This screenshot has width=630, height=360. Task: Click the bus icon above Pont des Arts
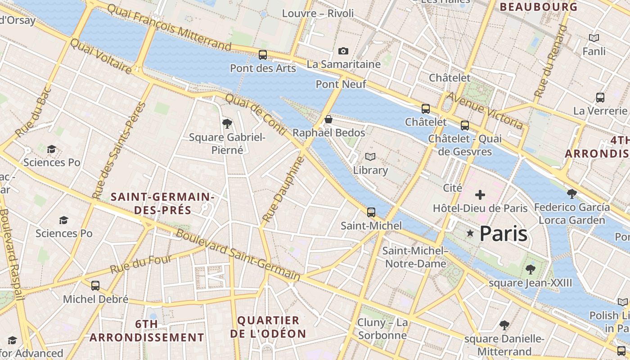click(263, 55)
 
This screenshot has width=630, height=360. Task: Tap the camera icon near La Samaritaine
click(343, 51)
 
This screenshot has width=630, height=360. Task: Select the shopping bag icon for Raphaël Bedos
click(328, 119)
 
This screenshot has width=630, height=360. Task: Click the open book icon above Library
click(370, 157)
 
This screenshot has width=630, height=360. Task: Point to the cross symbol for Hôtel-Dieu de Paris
click(480, 195)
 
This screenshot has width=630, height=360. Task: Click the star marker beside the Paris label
click(470, 233)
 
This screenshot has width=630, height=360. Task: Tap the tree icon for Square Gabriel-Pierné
click(227, 123)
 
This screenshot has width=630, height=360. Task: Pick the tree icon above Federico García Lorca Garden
click(572, 194)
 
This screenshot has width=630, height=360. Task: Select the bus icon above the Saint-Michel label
click(371, 212)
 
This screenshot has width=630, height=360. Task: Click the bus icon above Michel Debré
click(95, 285)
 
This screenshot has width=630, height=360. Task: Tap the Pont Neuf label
click(341, 84)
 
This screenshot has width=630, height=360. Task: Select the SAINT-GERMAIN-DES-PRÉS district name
click(162, 203)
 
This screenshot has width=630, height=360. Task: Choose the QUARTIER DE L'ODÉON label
click(268, 327)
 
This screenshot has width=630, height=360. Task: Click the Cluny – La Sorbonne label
click(382, 329)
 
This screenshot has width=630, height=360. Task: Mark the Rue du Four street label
click(141, 264)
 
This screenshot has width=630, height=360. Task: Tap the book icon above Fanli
click(594, 38)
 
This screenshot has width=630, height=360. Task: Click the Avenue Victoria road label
click(484, 110)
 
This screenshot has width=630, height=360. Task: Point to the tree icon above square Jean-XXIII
click(531, 270)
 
